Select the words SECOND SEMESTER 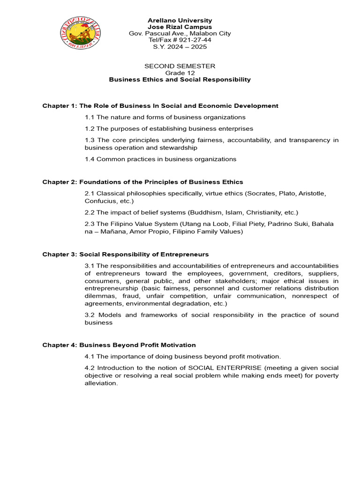pos(180,67)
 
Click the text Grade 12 pos(180,73)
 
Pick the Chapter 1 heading pos(160,106)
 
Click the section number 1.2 pos(90,128)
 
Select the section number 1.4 pos(90,159)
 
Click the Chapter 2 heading pos(143,182)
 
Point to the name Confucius pos(100,201)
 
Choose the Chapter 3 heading pos(126,255)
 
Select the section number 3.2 pos(90,315)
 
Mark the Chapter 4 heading pos(119,345)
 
